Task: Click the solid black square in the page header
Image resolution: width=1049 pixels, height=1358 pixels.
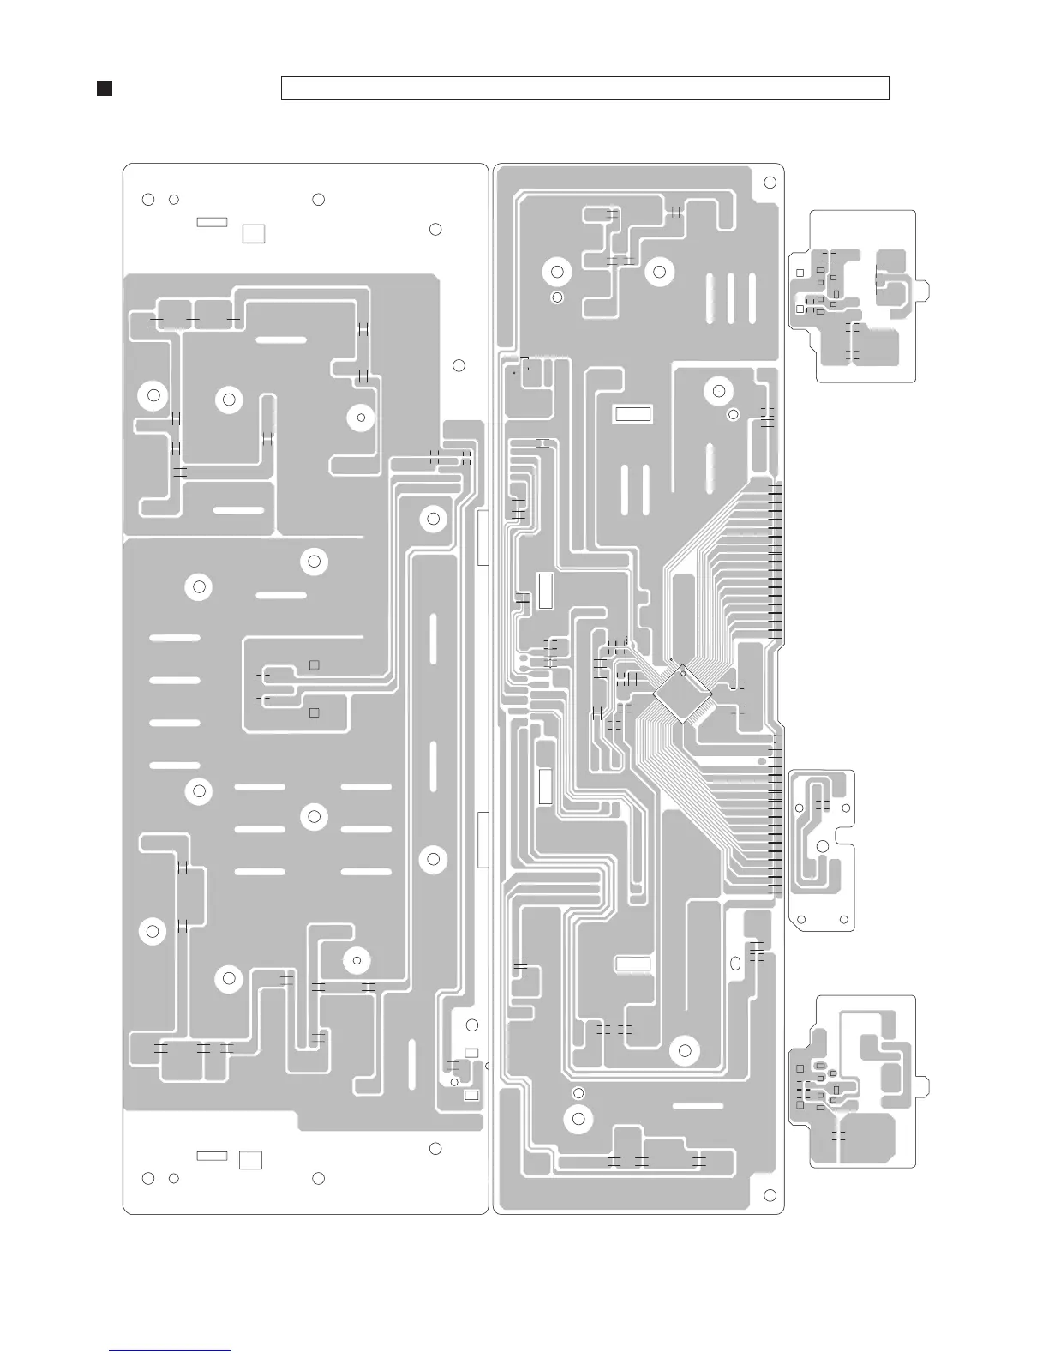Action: point(105,88)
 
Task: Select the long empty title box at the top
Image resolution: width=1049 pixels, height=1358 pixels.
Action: point(584,88)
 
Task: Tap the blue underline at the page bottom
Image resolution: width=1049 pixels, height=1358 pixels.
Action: point(170,1350)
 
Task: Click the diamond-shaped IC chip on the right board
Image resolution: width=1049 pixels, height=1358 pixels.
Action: point(683,694)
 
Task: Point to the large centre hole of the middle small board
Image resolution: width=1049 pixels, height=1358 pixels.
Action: point(822,846)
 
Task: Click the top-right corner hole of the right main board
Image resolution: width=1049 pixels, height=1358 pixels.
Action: point(770,182)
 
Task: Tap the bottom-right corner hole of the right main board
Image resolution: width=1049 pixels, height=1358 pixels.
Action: point(770,1195)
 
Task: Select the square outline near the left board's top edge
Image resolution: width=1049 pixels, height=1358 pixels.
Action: point(253,233)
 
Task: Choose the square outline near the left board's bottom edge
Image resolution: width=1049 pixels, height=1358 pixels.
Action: point(250,1160)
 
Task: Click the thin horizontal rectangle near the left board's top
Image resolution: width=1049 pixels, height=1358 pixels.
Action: point(212,222)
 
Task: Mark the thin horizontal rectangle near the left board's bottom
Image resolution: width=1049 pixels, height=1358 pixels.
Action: point(212,1156)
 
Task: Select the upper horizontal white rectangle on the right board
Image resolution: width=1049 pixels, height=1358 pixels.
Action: point(633,415)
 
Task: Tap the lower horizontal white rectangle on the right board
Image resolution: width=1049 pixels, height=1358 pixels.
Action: point(633,964)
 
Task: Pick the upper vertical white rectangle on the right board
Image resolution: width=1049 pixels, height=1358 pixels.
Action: point(546,590)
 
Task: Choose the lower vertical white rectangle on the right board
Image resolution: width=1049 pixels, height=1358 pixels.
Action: point(545,786)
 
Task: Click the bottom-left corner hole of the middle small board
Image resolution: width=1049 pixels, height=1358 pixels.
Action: point(801,920)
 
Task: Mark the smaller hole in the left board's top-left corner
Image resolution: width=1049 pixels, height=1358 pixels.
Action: point(173,200)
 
